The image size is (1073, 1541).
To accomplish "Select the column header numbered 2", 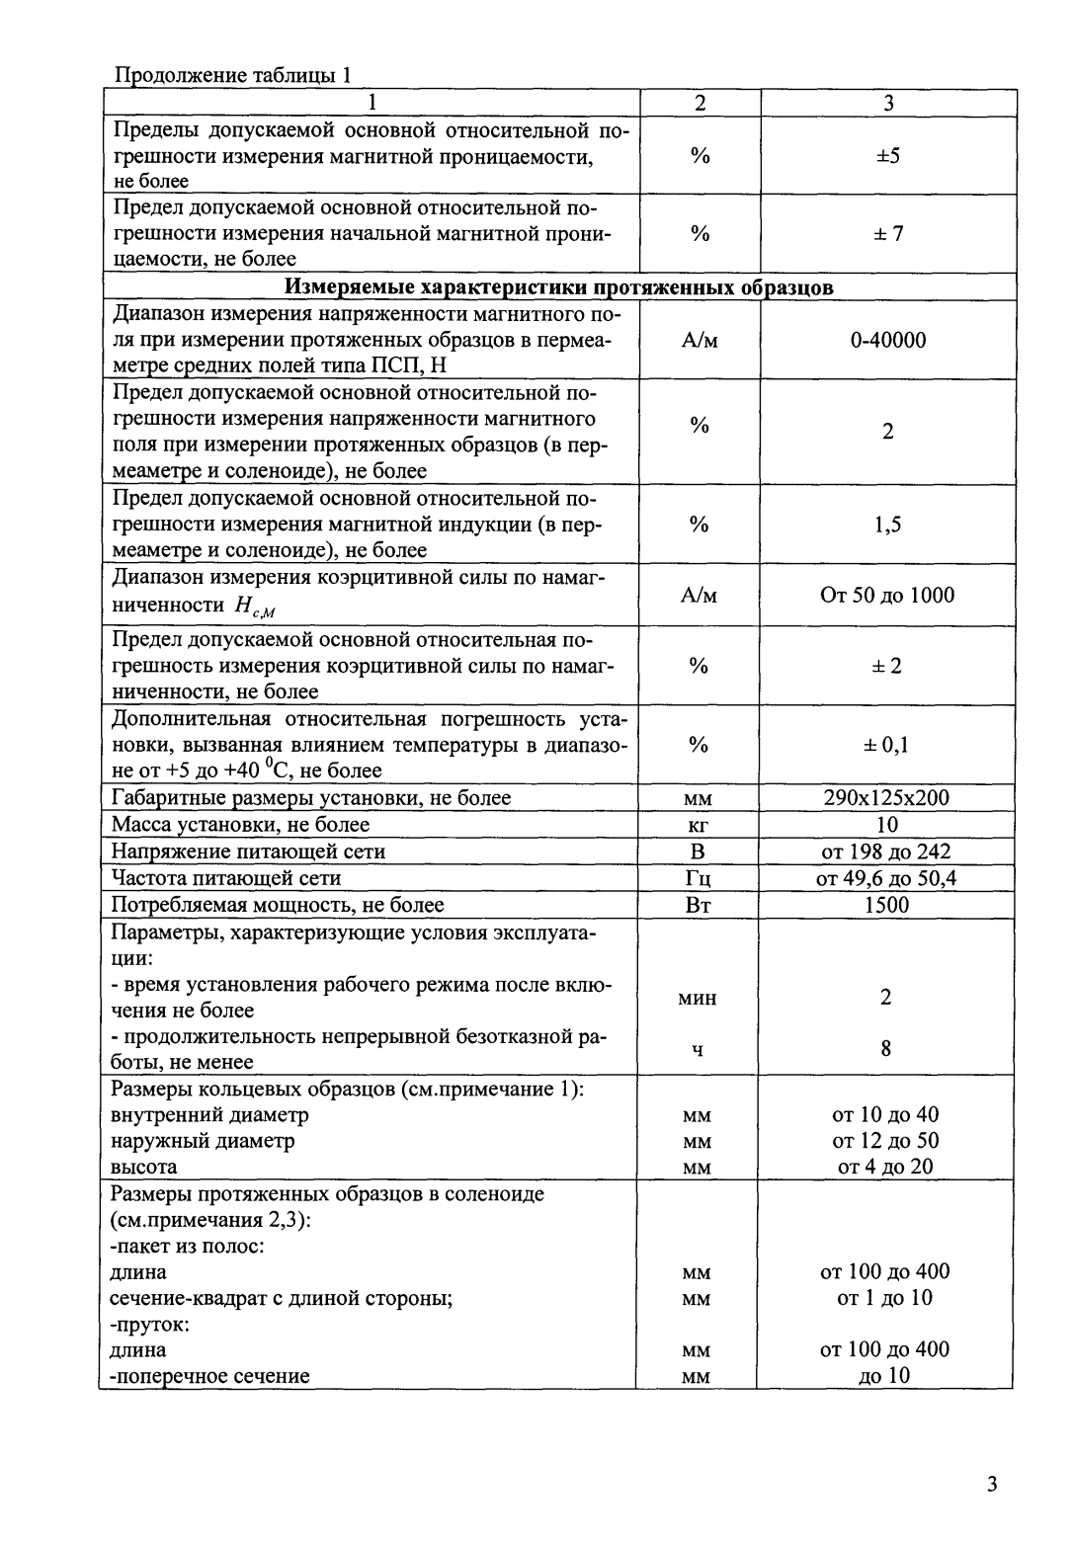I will [x=700, y=103].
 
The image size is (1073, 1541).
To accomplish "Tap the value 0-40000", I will [x=887, y=341].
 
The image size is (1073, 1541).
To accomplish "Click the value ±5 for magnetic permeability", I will [x=887, y=156].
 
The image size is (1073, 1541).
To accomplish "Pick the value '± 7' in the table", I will [x=887, y=234].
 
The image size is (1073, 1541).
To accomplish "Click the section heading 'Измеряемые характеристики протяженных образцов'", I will [x=559, y=287].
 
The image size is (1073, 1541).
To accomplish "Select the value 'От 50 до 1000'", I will [x=887, y=595].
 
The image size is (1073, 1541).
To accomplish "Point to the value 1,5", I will [x=887, y=525].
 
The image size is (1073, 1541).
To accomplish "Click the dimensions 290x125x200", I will [x=886, y=798].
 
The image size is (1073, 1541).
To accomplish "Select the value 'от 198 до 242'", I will [x=886, y=852].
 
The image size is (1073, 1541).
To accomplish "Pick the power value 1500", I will [x=886, y=905].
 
